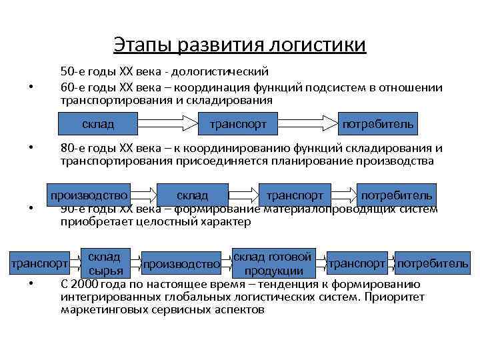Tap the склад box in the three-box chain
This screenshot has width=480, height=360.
[98, 124]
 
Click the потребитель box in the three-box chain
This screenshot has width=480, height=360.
[379, 124]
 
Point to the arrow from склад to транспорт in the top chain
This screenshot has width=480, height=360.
[163, 124]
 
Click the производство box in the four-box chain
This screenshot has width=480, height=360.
[88, 195]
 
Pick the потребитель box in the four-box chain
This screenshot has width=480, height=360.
[397, 195]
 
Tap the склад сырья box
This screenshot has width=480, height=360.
[104, 264]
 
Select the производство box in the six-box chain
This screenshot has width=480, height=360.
[182, 264]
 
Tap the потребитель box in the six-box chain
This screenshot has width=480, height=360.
[433, 264]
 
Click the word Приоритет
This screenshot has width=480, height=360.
[398, 297]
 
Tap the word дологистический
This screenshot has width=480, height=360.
[227, 71]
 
